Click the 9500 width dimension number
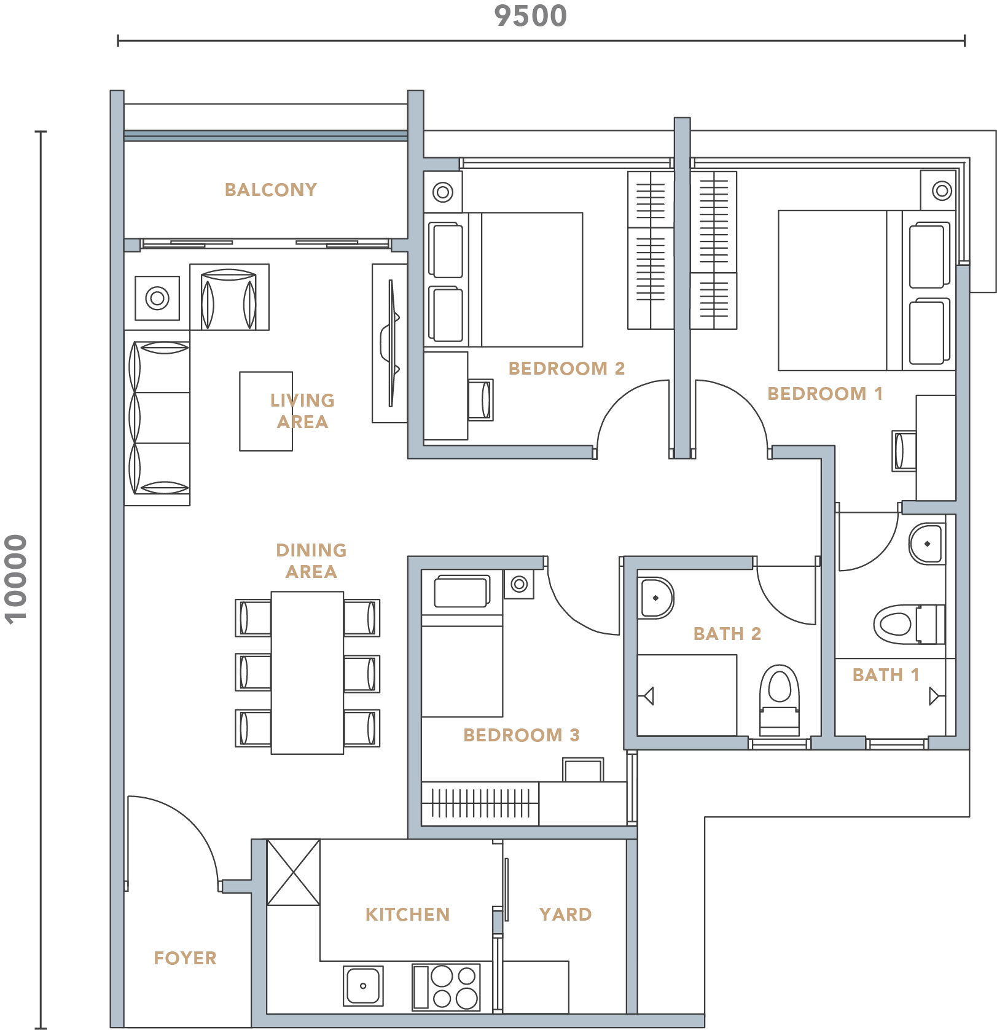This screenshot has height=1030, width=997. point(530,16)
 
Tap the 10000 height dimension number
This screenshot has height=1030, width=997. point(16,579)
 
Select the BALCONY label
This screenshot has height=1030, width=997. point(271,190)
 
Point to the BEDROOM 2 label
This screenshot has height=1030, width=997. point(566,369)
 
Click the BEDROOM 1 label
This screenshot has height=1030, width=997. point(825,394)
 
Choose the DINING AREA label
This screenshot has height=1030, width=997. point(311,561)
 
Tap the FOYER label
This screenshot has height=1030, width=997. point(185,958)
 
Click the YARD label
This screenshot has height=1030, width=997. point(565,915)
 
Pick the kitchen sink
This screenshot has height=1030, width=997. point(363,986)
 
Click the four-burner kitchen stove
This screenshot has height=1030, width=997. point(446,987)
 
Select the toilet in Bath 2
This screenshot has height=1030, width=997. point(780,700)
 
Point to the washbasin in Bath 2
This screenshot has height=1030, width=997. point(656,598)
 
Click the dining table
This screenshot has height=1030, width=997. point(307,673)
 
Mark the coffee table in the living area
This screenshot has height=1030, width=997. point(266,411)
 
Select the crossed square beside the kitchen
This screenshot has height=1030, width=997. point(294,872)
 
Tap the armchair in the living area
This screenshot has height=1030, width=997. point(229,297)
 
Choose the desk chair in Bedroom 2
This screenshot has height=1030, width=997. point(480,399)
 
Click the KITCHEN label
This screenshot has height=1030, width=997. point(408,915)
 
